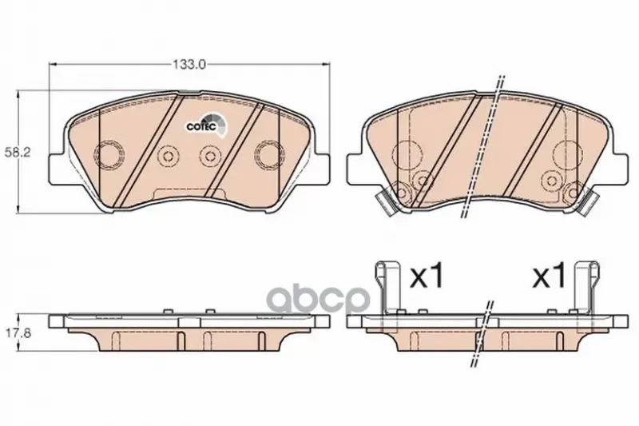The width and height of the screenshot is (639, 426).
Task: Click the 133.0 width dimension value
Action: (189, 64)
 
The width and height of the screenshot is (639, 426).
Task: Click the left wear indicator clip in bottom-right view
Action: (388, 288)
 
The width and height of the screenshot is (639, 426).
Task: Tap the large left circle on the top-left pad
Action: (109, 154)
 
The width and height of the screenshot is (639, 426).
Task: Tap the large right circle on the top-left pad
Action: (269, 154)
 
